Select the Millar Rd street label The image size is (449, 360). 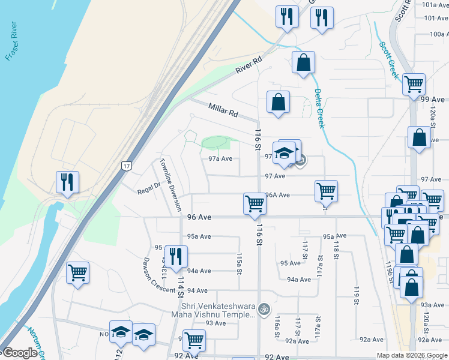tap(223, 110)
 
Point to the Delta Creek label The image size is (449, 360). tap(318, 108)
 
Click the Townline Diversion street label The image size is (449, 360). tap(170, 184)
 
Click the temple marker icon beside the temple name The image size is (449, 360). tap(263, 309)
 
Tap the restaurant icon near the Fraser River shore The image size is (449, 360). tap(67, 182)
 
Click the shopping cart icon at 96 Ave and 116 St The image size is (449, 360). tap(255, 203)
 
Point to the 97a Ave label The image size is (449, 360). tap(220, 159)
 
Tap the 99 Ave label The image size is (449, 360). tap(433, 99)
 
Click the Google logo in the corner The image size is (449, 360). tap(20, 353)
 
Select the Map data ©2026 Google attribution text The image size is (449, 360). tap(411, 355)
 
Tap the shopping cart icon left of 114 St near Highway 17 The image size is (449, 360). tap(78, 273)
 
